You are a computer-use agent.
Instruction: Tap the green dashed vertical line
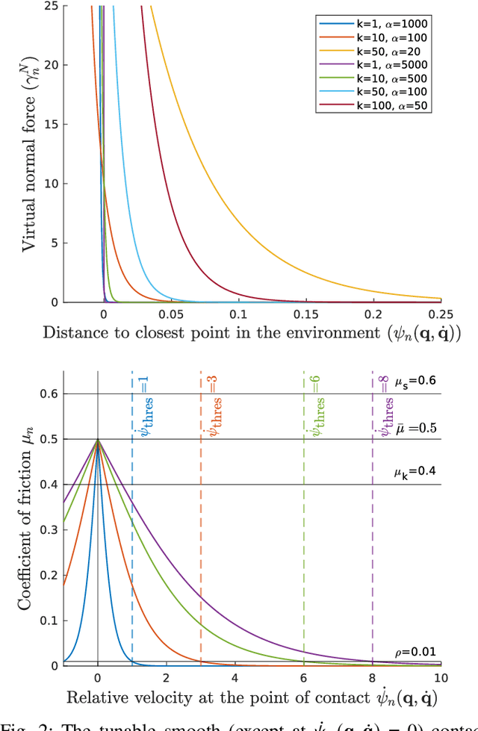point(304,523)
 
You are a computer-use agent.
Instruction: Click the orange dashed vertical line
point(201,523)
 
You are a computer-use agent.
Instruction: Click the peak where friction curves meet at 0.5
point(98,439)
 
